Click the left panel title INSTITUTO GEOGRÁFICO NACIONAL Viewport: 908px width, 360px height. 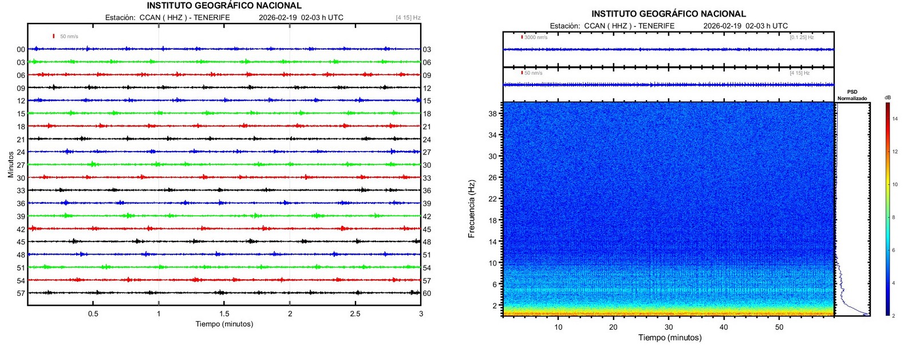click(224, 6)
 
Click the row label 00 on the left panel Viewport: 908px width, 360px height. click(21, 50)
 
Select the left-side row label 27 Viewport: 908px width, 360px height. click(21, 165)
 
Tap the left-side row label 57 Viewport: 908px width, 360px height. click(21, 294)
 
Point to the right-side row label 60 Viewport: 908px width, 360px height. click(427, 294)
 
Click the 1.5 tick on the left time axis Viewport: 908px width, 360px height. click(224, 314)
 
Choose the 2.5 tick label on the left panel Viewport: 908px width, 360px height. click(356, 314)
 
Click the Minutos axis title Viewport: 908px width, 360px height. click(11, 165)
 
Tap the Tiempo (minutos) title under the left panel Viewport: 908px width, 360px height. click(224, 324)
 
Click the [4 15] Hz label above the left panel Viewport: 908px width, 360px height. click(408, 18)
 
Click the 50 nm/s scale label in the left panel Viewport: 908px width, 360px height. click(69, 37)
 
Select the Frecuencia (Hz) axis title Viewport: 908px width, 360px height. click(471, 209)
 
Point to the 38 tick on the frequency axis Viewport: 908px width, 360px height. click(492, 114)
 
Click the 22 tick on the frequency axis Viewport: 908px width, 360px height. click(492, 199)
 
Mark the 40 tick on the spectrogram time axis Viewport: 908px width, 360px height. click(724, 327)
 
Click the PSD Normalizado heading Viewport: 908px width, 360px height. click(852, 95)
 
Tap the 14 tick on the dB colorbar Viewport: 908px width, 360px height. click(895, 119)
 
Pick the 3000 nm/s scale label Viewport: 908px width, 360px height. click(536, 38)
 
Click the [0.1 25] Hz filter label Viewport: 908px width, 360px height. click(802, 38)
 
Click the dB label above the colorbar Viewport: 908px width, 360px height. click(887, 98)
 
